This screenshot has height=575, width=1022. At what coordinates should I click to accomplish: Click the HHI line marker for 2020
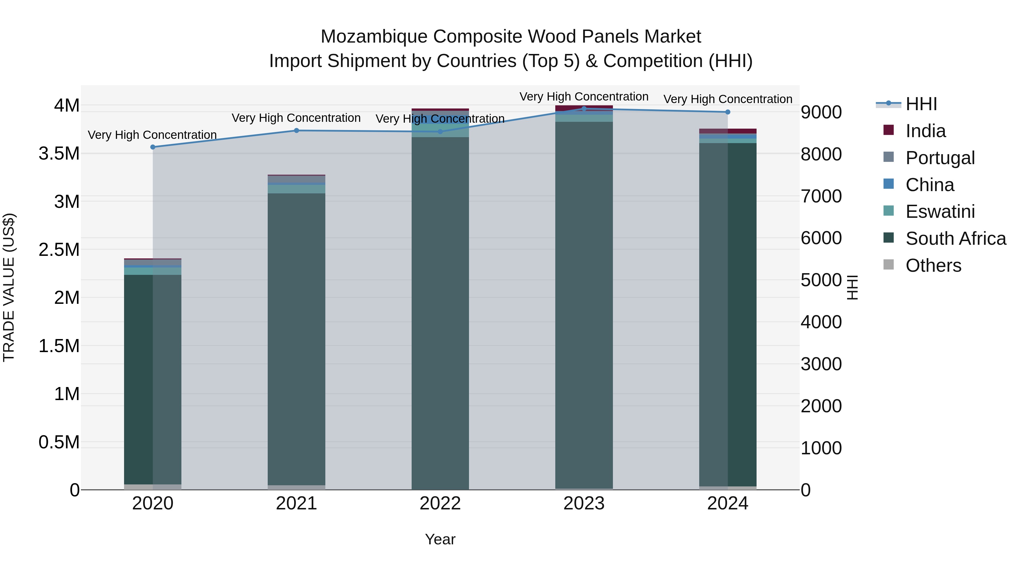point(153,147)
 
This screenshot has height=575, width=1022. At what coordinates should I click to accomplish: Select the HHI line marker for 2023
point(584,109)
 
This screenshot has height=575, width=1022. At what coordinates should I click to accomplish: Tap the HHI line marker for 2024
point(728,112)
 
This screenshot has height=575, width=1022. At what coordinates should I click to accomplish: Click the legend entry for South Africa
point(955,239)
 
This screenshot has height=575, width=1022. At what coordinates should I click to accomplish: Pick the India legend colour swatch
point(889,130)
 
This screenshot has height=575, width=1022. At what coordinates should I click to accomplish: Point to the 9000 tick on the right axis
point(821,112)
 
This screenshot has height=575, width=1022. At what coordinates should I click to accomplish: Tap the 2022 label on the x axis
point(440,503)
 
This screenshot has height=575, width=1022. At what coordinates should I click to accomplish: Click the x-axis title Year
point(440,539)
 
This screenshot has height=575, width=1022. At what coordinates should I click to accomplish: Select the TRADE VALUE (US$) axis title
point(9,287)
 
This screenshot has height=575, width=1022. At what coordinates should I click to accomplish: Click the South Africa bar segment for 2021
point(296,337)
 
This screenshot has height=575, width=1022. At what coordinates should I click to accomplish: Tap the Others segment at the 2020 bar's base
point(153,487)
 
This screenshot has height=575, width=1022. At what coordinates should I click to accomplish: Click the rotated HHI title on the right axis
point(852,287)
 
